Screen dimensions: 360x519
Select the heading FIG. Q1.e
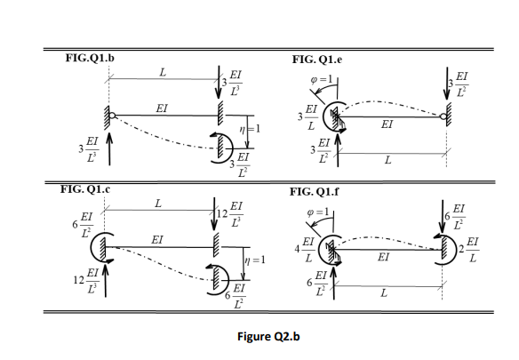pyautogui.click(x=323, y=58)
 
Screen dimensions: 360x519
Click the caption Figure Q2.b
pyautogui.click(x=259, y=335)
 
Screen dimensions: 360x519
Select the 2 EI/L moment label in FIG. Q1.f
pyautogui.click(x=470, y=247)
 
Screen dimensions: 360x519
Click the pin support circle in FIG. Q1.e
pyautogui.click(x=443, y=114)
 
